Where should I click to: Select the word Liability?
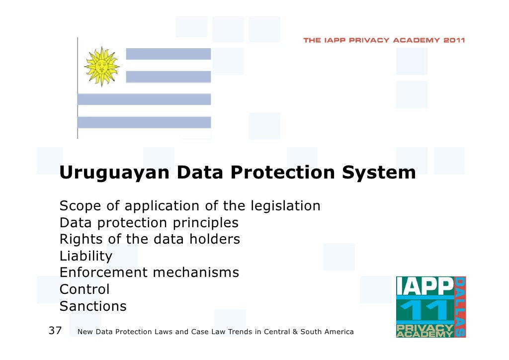[x=85, y=256]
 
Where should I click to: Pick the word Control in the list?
[x=84, y=289]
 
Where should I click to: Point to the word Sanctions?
[x=93, y=306]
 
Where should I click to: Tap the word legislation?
[x=285, y=206]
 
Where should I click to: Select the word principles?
[x=204, y=223]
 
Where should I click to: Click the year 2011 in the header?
[x=454, y=40]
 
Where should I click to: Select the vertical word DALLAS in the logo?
[x=460, y=307]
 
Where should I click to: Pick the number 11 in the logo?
[x=424, y=311]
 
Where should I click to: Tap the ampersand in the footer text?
[x=295, y=332]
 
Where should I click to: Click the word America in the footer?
[x=339, y=332]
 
